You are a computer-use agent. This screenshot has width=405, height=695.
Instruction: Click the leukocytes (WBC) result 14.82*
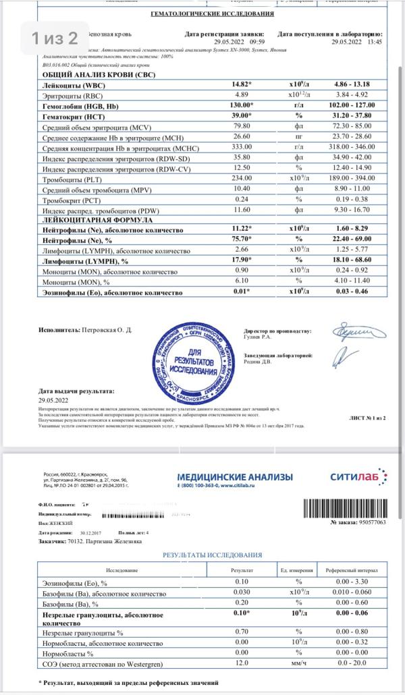coord(242,85)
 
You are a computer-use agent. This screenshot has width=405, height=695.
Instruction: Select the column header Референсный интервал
coord(350,570)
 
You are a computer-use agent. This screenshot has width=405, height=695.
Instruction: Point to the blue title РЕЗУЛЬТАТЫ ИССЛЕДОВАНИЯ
coord(213,555)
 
